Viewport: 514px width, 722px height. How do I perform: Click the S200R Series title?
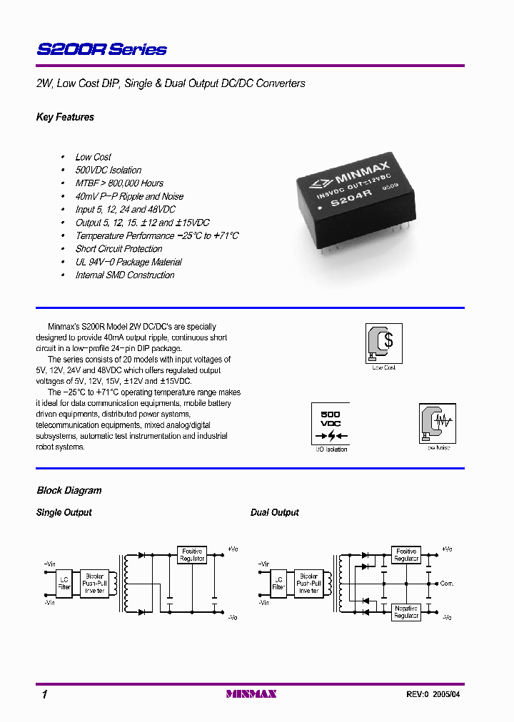[x=101, y=49]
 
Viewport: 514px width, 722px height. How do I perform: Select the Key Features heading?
[x=65, y=117]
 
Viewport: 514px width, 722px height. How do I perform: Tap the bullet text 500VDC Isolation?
[x=109, y=170]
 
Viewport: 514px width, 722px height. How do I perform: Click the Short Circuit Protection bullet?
[x=119, y=249]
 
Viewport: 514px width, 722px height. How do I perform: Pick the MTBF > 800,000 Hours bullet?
[x=119, y=183]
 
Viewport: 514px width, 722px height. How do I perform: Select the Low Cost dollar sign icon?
[x=384, y=342]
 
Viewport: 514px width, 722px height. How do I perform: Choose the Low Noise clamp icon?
[x=437, y=424]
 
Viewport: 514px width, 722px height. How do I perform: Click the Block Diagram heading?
[x=69, y=490]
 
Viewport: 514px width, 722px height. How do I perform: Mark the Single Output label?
[x=64, y=512]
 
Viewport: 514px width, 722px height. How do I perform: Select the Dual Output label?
[x=275, y=512]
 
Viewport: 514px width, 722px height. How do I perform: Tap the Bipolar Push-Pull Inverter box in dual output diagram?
[x=309, y=583]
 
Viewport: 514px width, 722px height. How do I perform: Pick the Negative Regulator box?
[x=406, y=611]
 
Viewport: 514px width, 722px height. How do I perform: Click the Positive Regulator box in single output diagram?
[x=192, y=554]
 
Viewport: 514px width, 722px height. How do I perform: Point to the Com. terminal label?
[x=447, y=584]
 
